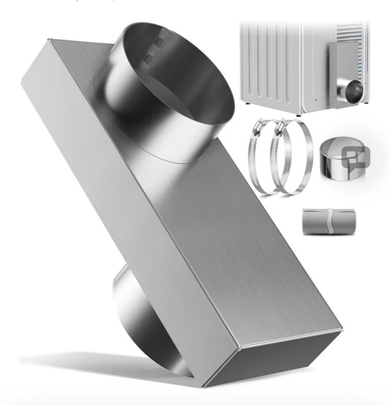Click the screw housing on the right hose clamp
(x=277, y=132)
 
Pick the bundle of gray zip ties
(x=330, y=221)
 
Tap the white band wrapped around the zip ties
(x=331, y=221)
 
